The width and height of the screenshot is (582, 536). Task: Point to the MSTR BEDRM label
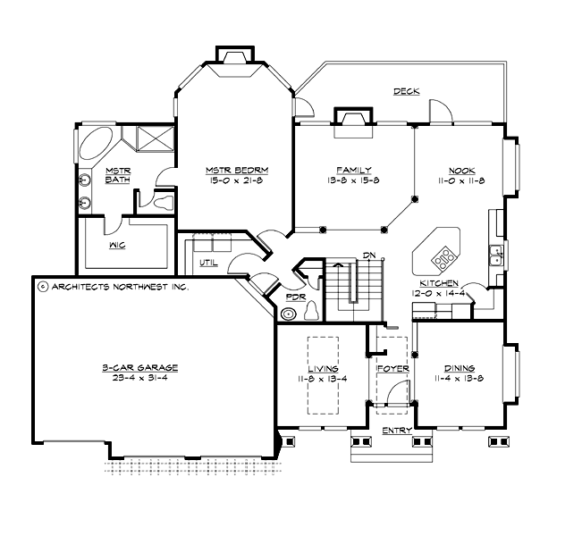point(237,170)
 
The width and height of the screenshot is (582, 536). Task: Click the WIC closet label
point(116,242)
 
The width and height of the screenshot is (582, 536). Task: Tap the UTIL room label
point(209,264)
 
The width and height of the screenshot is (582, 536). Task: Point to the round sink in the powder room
point(288,314)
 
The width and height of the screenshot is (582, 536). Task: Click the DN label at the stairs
point(367,256)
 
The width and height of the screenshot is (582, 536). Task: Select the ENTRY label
point(396,431)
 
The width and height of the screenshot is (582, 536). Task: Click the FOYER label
point(392,368)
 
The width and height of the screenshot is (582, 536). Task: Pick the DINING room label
point(460,368)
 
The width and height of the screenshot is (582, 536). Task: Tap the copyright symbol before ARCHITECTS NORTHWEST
point(42,287)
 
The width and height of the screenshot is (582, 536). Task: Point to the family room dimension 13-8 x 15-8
point(354,180)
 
